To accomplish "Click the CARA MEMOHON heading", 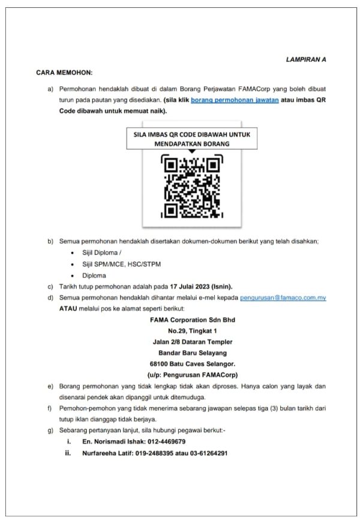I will pos(64,73).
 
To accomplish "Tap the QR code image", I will pos(191,186).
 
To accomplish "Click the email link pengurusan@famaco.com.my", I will pos(283,297).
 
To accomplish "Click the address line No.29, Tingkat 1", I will pos(192,330).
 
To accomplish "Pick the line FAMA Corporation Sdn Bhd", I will pos(192,320).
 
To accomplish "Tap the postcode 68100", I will pos(160,363).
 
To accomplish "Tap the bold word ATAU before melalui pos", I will pos(68,308).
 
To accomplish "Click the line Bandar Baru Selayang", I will pos(192,353).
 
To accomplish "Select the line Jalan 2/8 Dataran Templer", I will pos(192,341).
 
